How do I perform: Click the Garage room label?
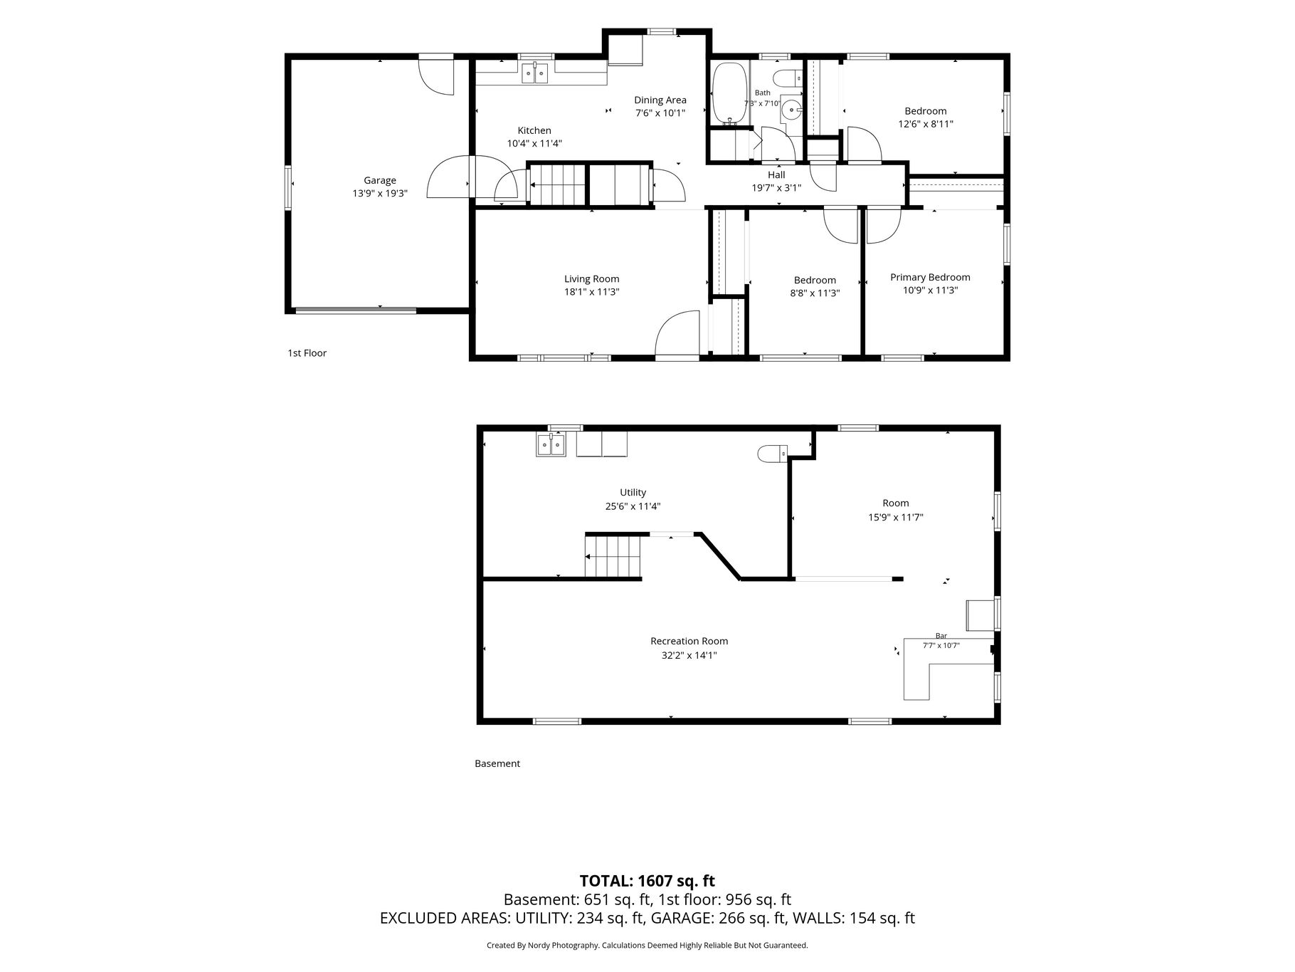click(x=380, y=181)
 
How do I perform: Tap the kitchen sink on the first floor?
click(x=534, y=73)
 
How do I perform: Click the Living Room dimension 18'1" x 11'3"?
click(x=592, y=292)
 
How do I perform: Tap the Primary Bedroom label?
click(x=930, y=278)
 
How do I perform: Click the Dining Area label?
click(x=660, y=100)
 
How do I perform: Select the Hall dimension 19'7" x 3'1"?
click(x=776, y=188)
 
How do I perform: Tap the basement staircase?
click(x=613, y=556)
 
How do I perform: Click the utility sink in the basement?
click(x=551, y=445)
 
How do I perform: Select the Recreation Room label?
click(x=689, y=642)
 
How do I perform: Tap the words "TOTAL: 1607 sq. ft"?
click(x=647, y=882)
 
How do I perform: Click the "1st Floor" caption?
click(x=307, y=353)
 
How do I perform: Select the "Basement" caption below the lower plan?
click(x=497, y=763)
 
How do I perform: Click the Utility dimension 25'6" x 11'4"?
click(x=633, y=506)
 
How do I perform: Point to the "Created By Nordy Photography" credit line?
click(x=542, y=946)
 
